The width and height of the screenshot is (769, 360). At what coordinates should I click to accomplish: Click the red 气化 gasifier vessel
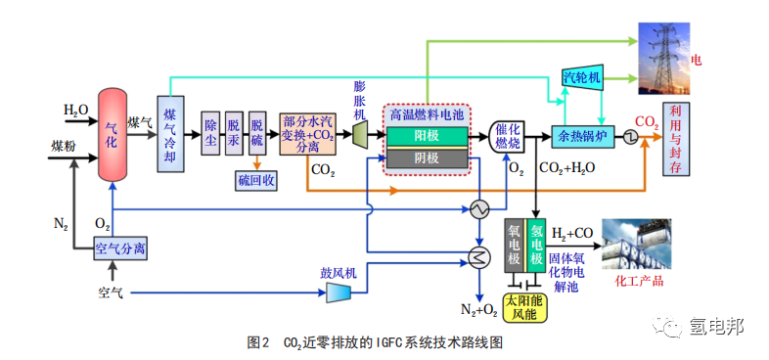coord(113,134)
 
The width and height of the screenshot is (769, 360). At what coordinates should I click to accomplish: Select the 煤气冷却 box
coord(170,134)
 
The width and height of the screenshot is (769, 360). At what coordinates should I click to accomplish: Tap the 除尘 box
coord(211,133)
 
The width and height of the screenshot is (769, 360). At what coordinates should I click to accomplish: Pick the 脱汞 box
coord(234,133)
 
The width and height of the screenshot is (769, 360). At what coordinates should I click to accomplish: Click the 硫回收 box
coord(255,182)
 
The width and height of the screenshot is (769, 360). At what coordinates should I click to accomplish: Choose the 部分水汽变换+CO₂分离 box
coord(308,134)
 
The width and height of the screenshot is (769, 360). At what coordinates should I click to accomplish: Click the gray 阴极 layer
coord(427,157)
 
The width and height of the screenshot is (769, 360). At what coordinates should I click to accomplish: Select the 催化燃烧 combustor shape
coord(507,136)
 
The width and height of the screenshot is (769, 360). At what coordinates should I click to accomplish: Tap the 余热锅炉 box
coord(583,137)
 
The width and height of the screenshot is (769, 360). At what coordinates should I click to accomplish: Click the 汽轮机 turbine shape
coord(582,77)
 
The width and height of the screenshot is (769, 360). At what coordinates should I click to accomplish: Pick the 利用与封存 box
coord(676,139)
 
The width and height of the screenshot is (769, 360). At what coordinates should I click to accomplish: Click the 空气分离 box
coord(120,248)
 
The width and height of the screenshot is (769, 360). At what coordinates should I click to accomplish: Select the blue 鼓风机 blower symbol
coord(339,292)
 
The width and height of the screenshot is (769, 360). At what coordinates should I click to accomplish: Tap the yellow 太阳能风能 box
coord(526,307)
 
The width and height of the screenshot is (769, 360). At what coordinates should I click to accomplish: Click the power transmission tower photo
coord(663,59)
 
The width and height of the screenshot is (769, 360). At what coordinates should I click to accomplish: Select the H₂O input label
coord(75,110)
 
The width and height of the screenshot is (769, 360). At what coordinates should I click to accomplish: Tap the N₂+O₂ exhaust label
coord(478,309)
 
